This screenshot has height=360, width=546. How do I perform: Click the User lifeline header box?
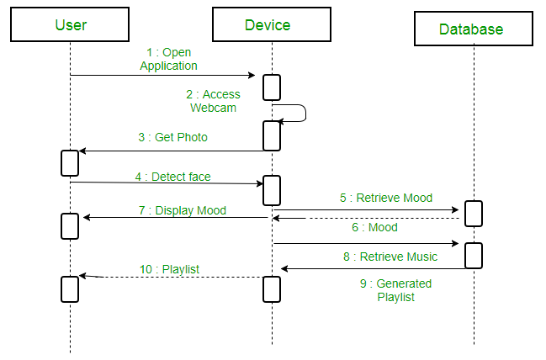click(x=71, y=24)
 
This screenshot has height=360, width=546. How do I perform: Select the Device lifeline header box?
click(x=268, y=24)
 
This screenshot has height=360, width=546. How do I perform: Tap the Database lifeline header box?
click(x=472, y=29)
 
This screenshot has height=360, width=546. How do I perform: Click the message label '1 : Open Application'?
click(x=168, y=59)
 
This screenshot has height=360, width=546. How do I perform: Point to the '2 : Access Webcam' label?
click(x=215, y=101)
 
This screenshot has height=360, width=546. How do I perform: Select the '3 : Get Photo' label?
click(x=172, y=137)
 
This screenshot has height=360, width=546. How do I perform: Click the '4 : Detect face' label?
click(x=172, y=177)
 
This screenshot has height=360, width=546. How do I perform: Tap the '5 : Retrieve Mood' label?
click(x=386, y=199)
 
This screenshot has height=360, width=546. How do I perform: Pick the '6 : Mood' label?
click(x=375, y=227)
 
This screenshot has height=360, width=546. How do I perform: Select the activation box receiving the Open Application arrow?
click(x=272, y=87)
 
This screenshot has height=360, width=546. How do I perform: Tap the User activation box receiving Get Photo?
click(x=70, y=162)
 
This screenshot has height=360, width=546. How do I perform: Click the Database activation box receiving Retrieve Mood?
click(x=474, y=214)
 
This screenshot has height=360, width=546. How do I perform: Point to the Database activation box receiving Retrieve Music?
click(x=474, y=255)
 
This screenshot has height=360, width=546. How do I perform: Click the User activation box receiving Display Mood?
click(x=70, y=225)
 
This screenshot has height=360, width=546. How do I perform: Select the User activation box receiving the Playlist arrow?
click(x=70, y=289)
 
